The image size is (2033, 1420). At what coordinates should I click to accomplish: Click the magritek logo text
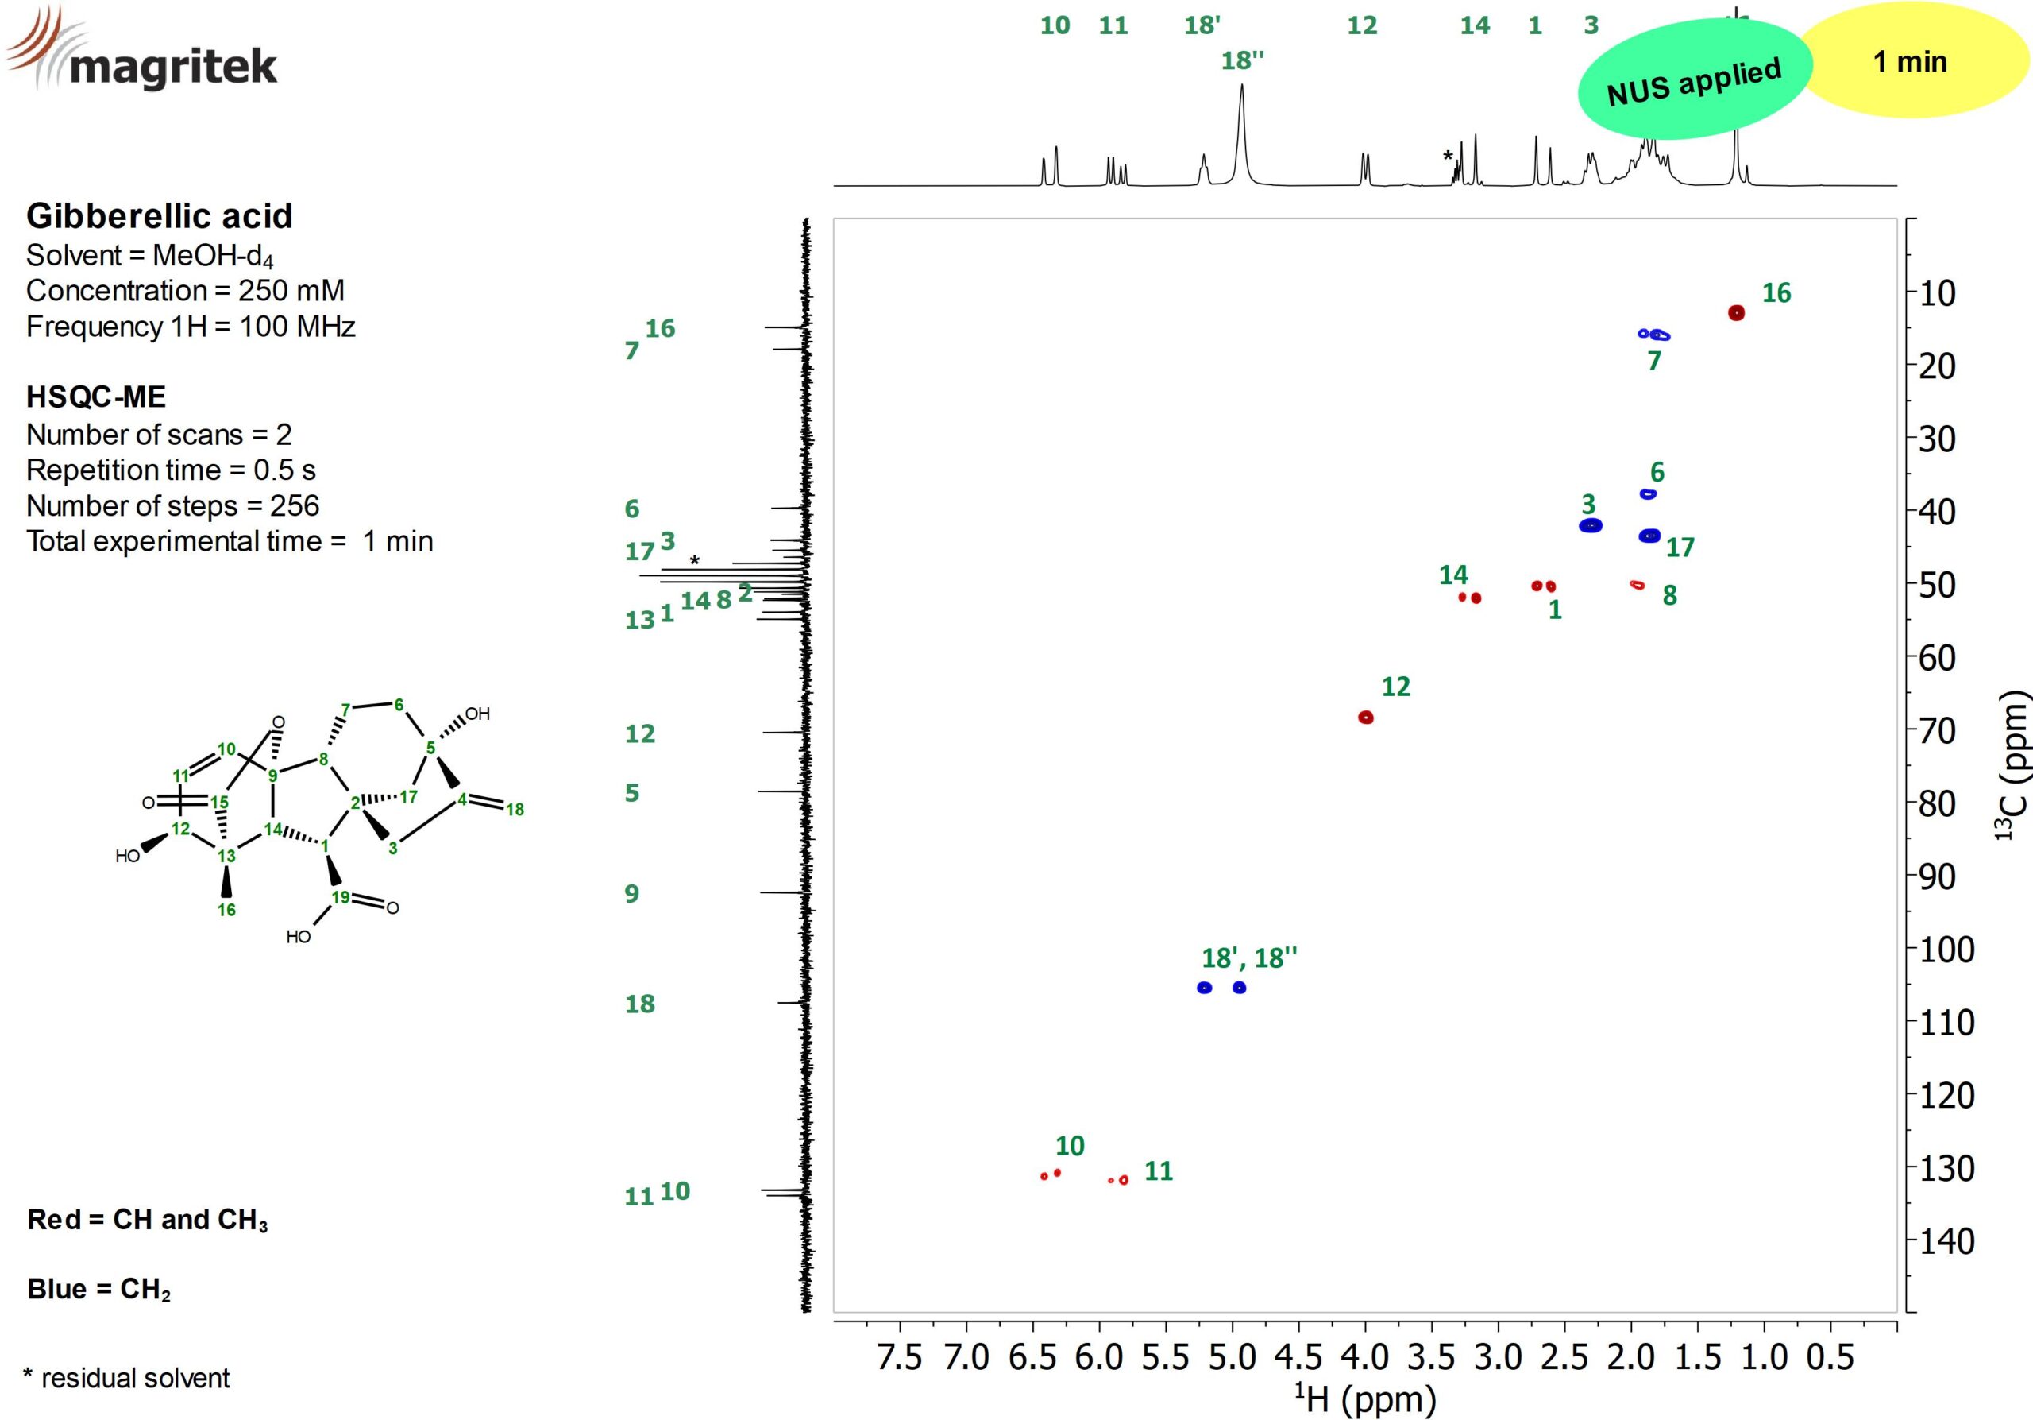point(172,67)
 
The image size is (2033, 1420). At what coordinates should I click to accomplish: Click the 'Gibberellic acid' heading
point(160,215)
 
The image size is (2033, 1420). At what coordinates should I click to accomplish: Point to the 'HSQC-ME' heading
point(95,396)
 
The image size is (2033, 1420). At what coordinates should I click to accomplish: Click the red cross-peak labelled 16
point(1735,313)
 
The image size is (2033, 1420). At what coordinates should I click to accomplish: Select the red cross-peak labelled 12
point(1365,717)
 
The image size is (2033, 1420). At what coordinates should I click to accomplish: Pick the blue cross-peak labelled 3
point(1591,525)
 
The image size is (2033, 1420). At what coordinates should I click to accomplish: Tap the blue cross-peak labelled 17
point(1649,535)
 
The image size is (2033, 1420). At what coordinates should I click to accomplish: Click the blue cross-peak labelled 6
point(1648,493)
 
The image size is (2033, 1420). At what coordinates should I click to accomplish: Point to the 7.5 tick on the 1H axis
point(900,1356)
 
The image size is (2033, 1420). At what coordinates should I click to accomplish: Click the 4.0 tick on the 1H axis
point(1365,1356)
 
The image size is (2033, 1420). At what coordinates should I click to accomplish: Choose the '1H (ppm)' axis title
point(1365,1399)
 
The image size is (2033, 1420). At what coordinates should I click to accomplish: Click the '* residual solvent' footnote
point(126,1377)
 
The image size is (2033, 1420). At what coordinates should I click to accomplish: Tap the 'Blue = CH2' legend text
point(98,1289)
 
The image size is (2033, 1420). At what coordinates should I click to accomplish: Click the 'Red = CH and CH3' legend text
point(147,1220)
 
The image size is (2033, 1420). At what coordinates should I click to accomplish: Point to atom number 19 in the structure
point(341,896)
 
